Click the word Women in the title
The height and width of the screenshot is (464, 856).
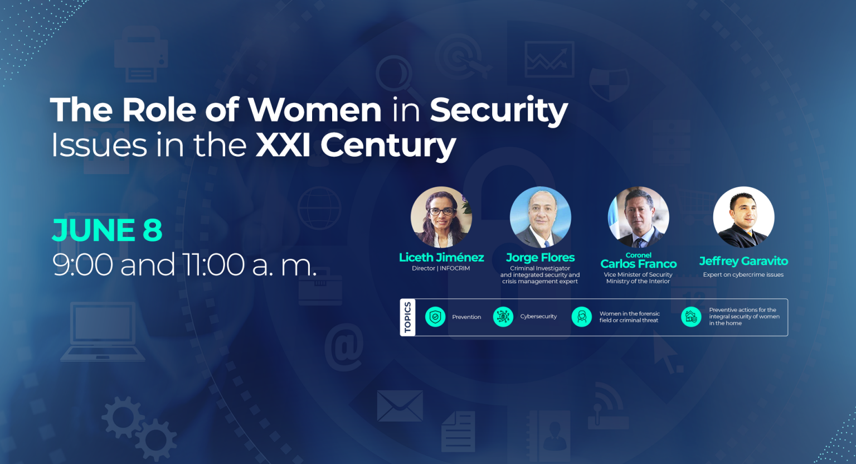pyautogui.click(x=314, y=110)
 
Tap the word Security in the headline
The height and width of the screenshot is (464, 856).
pyautogui.click(x=499, y=111)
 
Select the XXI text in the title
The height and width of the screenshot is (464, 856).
pyautogui.click(x=283, y=145)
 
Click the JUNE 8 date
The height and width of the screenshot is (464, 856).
pyautogui.click(x=107, y=230)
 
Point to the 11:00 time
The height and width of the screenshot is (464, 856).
pyautogui.click(x=213, y=264)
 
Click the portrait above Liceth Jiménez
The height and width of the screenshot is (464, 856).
pyautogui.click(x=441, y=217)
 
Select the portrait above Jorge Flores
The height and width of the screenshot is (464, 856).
pyautogui.click(x=541, y=217)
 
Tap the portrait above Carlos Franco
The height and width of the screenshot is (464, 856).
pyautogui.click(x=639, y=217)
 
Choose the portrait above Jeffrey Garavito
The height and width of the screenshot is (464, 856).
pyautogui.click(x=743, y=217)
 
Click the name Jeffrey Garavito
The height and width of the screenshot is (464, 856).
pyautogui.click(x=743, y=261)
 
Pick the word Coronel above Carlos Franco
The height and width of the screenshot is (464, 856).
pyautogui.click(x=639, y=255)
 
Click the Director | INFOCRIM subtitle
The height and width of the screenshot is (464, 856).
pyautogui.click(x=441, y=269)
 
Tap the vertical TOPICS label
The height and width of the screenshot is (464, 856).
pyautogui.click(x=408, y=317)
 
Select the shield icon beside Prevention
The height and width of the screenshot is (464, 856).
pyautogui.click(x=435, y=317)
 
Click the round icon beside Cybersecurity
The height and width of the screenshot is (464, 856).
pyautogui.click(x=503, y=317)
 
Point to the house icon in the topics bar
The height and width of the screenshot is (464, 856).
pyautogui.click(x=691, y=317)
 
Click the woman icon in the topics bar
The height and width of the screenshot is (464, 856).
pyautogui.click(x=582, y=317)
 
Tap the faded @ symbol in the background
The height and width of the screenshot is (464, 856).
pyautogui.click(x=344, y=347)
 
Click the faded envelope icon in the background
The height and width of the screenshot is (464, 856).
pyautogui.click(x=400, y=406)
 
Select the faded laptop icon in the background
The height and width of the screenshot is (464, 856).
pyautogui.click(x=103, y=332)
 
